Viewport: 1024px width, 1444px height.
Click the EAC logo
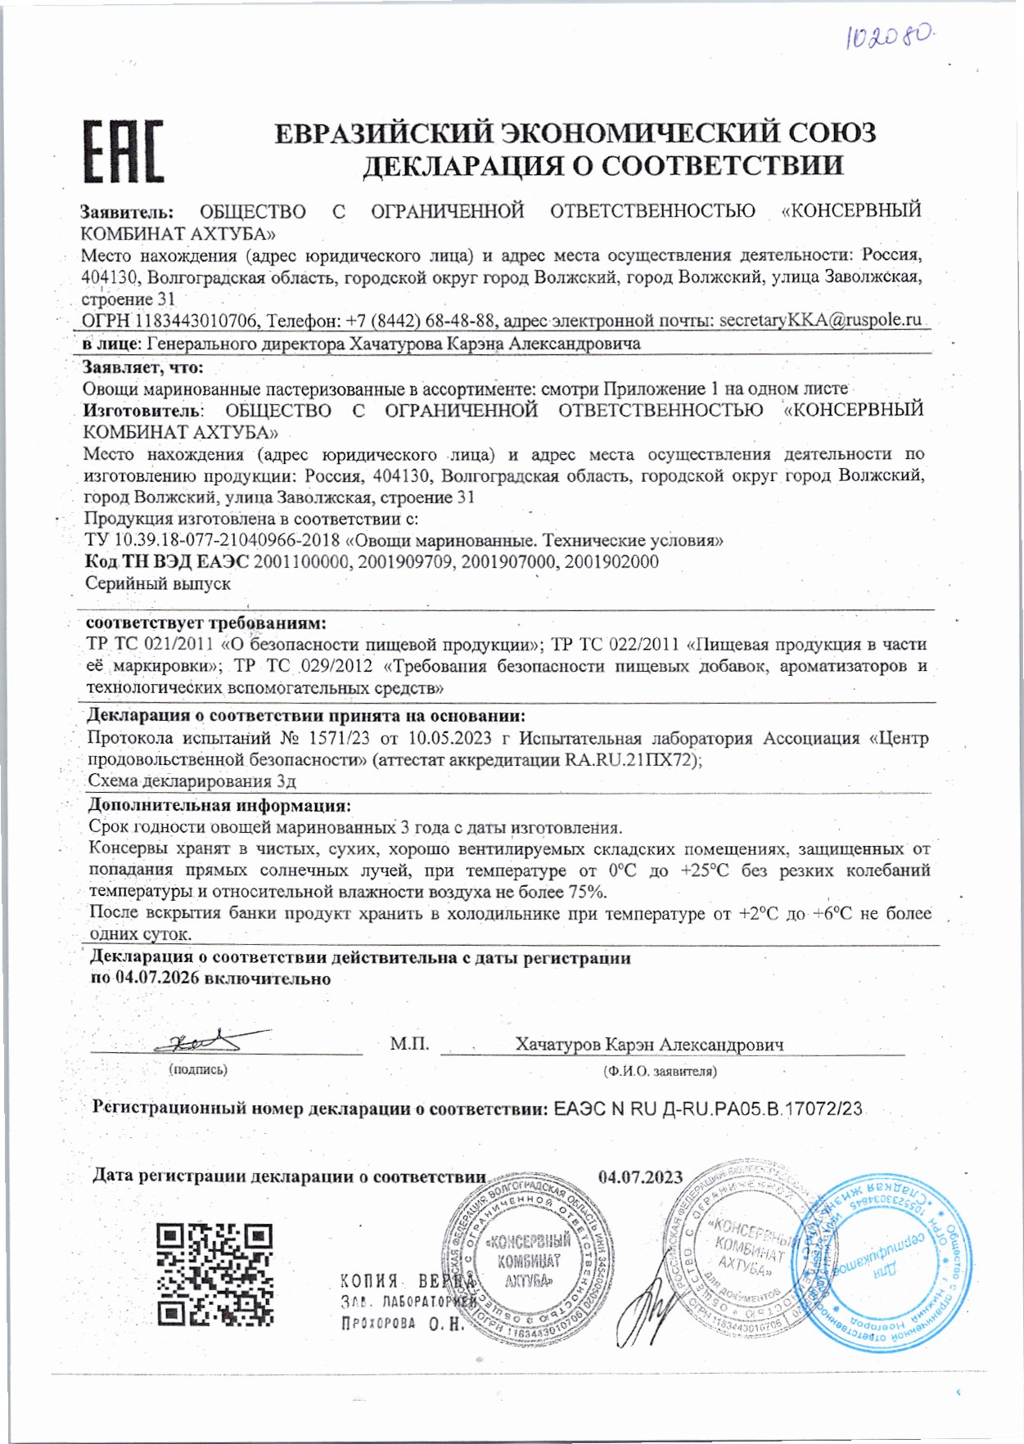coord(123,151)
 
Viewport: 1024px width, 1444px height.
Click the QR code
coord(214,1274)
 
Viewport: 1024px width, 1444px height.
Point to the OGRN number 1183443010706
coord(197,321)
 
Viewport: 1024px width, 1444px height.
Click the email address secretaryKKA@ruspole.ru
coord(820,320)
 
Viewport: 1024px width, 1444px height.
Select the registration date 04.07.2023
coord(640,1177)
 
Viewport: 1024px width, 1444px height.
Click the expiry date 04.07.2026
coord(157,978)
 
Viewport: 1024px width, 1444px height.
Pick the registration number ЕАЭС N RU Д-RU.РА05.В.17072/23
coord(708,1109)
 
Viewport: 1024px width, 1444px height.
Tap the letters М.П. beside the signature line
coord(409,1044)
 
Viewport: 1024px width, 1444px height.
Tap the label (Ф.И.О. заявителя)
coord(659,1070)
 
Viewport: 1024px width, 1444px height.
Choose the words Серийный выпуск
coord(158,584)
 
